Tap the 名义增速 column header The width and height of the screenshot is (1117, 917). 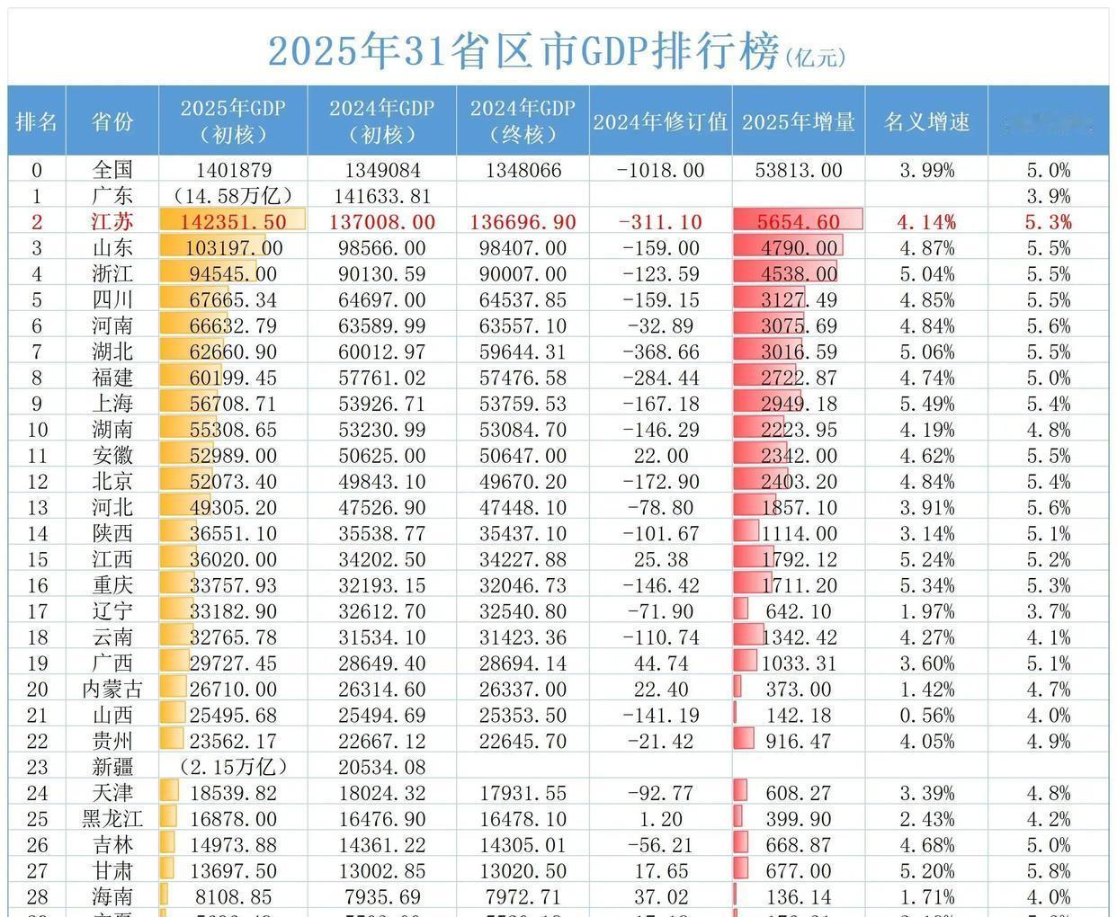tap(926, 122)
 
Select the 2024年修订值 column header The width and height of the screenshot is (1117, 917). tap(660, 122)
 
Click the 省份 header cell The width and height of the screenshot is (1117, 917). tap(112, 122)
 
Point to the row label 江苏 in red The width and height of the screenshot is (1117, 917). tap(112, 222)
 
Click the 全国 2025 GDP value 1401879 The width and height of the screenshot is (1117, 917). tap(232, 170)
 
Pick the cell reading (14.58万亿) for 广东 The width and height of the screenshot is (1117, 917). tap(232, 196)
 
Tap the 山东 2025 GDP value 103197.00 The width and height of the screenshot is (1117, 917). tap(232, 248)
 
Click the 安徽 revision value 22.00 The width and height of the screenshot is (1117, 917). tap(660, 456)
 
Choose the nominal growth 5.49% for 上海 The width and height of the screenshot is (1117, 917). tap(926, 404)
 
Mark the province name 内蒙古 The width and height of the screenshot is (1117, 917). tap(112, 690)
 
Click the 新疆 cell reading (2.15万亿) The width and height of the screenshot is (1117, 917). tap(232, 767)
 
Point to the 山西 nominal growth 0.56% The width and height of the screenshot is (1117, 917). tap(926, 716)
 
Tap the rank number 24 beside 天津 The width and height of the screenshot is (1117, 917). tap(37, 793)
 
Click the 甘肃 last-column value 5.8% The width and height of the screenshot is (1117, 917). tap(1049, 871)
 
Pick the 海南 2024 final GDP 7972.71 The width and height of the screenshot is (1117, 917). tap(523, 897)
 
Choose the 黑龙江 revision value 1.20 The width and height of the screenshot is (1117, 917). tap(660, 819)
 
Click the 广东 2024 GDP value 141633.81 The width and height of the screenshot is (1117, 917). tap(381, 196)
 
